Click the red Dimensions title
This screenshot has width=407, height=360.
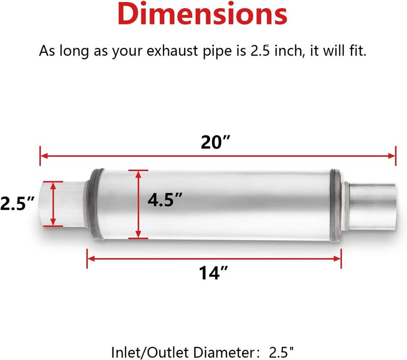(x=202, y=14)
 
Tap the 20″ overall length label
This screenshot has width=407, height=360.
(x=215, y=142)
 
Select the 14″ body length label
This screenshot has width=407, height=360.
(x=213, y=273)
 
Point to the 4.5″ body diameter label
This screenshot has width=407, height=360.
(x=165, y=200)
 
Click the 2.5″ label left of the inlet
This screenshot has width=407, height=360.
(x=17, y=203)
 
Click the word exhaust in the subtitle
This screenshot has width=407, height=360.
(x=172, y=50)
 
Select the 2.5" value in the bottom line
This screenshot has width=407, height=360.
(x=281, y=352)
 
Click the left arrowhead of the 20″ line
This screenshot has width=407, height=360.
(x=44, y=156)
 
